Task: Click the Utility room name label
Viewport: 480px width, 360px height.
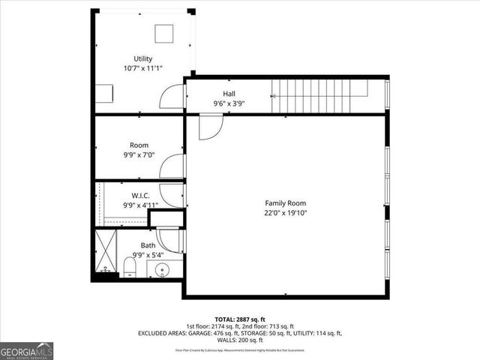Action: click(142, 58)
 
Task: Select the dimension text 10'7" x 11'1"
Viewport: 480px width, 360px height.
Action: click(142, 68)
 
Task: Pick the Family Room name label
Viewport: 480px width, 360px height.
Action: click(286, 203)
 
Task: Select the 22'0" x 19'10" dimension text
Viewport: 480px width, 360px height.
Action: click(286, 213)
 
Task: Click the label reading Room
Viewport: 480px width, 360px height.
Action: click(139, 145)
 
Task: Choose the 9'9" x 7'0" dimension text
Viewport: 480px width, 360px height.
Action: click(139, 154)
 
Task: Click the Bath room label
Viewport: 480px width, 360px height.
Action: click(148, 244)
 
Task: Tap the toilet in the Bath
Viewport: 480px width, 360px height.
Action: click(128, 266)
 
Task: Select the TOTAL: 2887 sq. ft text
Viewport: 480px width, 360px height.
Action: click(240, 318)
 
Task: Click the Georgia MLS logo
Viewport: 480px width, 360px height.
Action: click(25, 349)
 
